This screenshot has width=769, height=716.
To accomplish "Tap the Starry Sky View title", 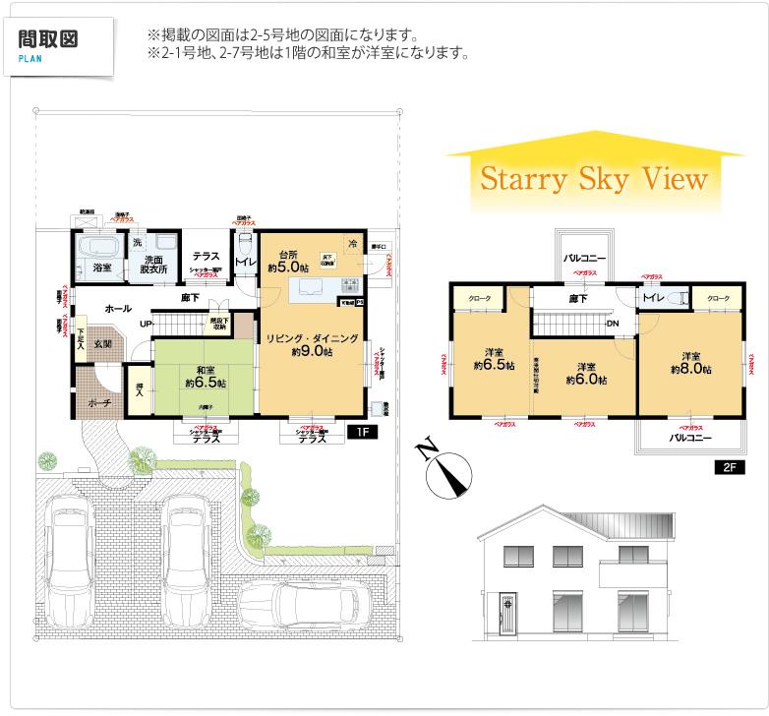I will [593, 180].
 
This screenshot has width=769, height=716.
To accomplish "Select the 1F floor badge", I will [360, 431].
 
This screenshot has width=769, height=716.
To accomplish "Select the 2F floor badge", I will [725, 468].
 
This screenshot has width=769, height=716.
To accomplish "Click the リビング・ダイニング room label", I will [311, 344].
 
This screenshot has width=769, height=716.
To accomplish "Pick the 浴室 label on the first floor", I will [101, 267].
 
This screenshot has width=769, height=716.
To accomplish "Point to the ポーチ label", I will [97, 403].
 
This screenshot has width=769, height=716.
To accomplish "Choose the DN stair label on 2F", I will [612, 324].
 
